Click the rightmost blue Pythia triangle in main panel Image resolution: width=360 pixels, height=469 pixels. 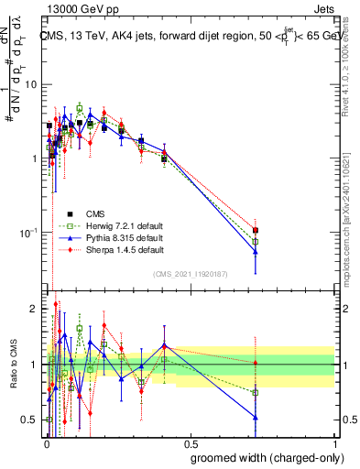pos(256,252)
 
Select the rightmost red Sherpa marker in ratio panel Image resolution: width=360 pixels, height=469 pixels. pos(256,364)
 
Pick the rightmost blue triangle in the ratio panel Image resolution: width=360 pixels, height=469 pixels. pos(256,418)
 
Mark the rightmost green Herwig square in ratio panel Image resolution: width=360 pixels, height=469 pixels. pos(256,393)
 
